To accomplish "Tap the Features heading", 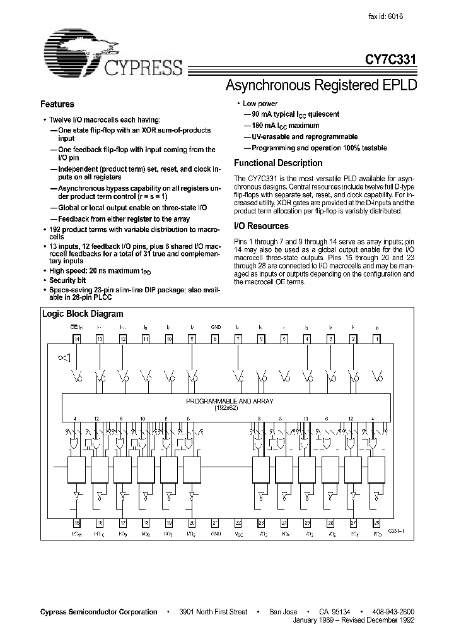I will [x=57, y=104].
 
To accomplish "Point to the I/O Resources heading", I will [x=261, y=226].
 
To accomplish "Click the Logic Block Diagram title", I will [x=83, y=314].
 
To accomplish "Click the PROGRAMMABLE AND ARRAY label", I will [x=230, y=401].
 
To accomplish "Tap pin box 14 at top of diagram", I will [x=77, y=339].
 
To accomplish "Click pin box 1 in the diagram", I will [x=376, y=339].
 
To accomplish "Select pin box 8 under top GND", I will [x=214, y=339].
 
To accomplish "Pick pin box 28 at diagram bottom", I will [x=376, y=523].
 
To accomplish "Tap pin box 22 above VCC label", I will [x=238, y=523].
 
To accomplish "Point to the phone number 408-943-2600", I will [x=394, y=612].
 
